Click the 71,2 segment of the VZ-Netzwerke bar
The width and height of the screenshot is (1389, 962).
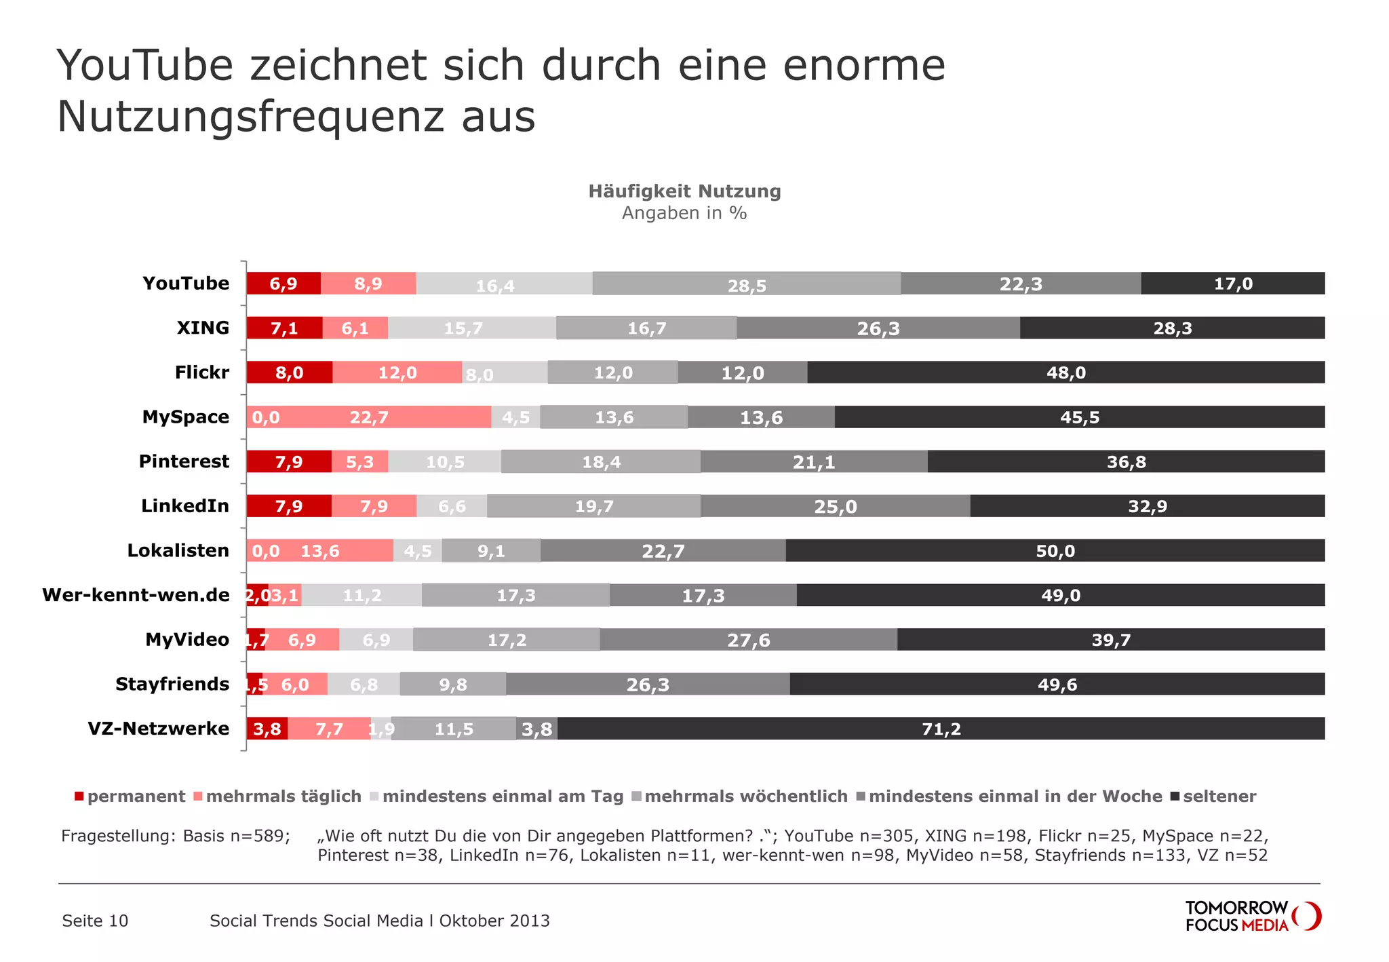point(941,729)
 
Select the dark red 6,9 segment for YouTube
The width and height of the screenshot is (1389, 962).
point(283,284)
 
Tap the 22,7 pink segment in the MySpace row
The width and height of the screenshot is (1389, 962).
point(370,417)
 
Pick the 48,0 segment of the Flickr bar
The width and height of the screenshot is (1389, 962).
point(1065,372)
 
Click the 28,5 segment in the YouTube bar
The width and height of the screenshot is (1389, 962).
point(747,284)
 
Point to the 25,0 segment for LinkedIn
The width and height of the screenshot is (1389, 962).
point(835,506)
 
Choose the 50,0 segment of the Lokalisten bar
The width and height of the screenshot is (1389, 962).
point(1055,551)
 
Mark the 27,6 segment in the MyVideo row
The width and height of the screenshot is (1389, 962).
point(748,640)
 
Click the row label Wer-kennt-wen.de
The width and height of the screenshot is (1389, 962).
point(136,595)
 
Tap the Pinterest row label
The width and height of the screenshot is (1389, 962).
point(184,461)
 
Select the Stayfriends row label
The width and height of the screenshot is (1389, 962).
point(172,684)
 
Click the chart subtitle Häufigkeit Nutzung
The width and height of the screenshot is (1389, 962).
point(684,191)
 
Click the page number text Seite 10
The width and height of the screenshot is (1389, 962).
point(95,921)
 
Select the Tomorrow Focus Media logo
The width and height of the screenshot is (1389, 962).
point(1252,917)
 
